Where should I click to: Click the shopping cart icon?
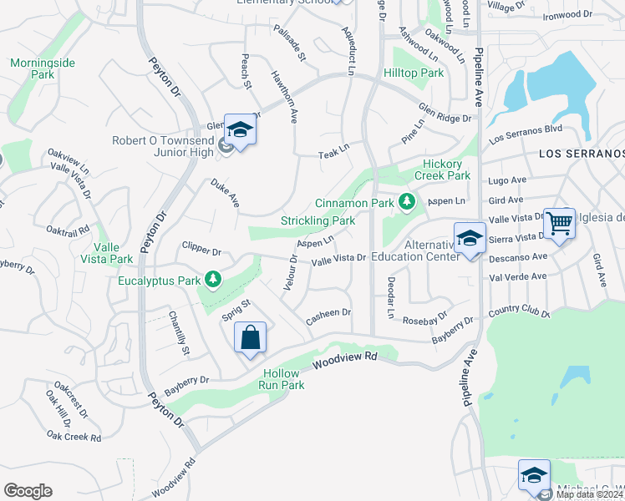coord(559,223)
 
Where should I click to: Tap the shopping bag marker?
coord(251,338)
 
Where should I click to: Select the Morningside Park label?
coord(32,68)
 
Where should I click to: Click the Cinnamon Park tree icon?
coord(407,201)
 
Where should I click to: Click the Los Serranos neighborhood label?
coord(582,154)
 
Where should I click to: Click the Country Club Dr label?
coord(520,313)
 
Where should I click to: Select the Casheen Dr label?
coord(328,315)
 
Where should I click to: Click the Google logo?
coord(28,491)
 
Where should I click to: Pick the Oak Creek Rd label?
coord(74,436)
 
